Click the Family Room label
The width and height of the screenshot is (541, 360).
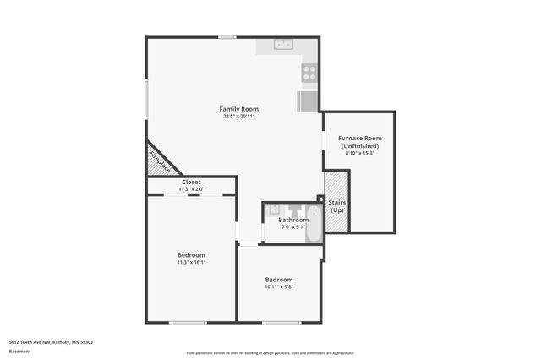click(x=238, y=109)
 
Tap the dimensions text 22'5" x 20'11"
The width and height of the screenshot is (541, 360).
click(x=238, y=117)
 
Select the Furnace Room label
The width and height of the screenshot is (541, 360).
click(x=359, y=138)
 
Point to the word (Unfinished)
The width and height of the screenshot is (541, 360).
click(x=359, y=145)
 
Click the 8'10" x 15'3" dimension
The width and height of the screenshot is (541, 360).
click(x=359, y=153)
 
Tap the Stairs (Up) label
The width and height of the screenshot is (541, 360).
click(x=336, y=205)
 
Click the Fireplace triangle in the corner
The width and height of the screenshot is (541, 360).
click(x=158, y=161)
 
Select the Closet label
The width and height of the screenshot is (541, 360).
click(x=191, y=182)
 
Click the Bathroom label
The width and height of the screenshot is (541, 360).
click(x=293, y=221)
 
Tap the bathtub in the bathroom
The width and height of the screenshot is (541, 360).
click(x=313, y=225)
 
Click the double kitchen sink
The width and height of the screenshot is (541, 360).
click(x=282, y=45)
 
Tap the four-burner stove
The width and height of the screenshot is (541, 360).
click(x=309, y=74)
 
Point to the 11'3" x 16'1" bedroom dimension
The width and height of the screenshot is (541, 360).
click(x=191, y=262)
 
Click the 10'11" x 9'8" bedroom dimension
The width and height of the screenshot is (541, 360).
click(x=279, y=287)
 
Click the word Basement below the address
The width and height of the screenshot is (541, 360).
click(x=19, y=351)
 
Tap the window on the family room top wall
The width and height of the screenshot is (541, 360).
click(x=227, y=37)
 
